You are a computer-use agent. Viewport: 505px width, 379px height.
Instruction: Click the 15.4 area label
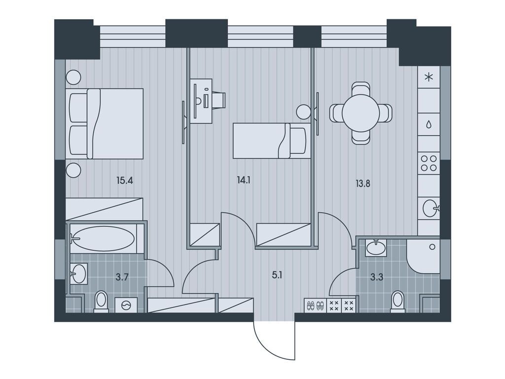click(125, 181)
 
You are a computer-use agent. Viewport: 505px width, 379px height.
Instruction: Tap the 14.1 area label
click(244, 181)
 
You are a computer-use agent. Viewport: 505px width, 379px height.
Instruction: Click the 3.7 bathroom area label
click(122, 277)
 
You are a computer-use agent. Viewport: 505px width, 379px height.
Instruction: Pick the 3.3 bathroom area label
click(377, 277)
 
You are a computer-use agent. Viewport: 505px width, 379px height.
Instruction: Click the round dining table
click(361, 113)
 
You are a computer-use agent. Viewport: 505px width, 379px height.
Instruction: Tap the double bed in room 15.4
click(105, 124)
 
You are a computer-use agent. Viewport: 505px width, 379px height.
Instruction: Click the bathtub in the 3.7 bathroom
click(103, 239)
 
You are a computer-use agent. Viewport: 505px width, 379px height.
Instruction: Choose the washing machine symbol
click(126, 305)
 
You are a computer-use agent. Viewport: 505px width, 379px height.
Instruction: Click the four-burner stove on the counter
click(429, 163)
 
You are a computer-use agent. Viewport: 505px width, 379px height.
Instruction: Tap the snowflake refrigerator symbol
click(429, 77)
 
